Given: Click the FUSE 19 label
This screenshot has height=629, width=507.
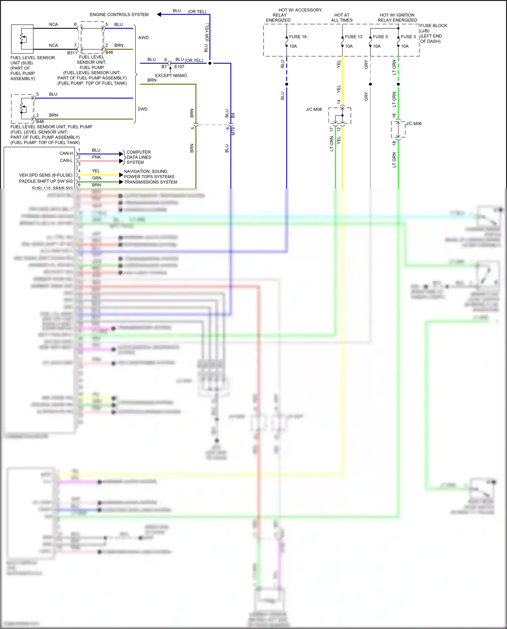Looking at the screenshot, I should pos(297,37).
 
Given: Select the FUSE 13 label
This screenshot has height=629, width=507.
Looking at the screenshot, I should pos(353,37).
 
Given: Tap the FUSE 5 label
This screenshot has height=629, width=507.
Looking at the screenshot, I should pos(380,37).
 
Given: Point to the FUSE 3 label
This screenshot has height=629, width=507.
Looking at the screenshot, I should pos(408,37).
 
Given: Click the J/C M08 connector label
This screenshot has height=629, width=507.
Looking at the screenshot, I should pos(314,110).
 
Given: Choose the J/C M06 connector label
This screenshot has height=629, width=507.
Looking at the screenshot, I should pos(414,124).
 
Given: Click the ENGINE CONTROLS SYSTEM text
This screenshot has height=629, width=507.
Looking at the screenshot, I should pos(119,15).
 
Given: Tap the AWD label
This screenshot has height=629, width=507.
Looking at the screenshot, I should pos(143,38).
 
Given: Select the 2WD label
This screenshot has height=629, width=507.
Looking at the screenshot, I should pos(142,109).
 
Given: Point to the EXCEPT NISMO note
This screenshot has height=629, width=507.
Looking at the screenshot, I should pos(171,76).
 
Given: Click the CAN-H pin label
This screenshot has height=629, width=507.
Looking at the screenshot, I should pos(66,153).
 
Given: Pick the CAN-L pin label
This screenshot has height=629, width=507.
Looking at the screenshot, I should pos(66,161).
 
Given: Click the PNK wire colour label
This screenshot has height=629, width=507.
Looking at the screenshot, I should pos(96,157).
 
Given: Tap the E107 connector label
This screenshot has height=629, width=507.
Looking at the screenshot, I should pos(179,67).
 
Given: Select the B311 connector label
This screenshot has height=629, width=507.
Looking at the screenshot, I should pos(72,53).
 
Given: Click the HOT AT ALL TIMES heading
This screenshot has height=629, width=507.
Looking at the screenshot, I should pos(342,18).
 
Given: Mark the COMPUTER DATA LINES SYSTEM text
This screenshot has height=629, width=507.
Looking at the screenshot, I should pos(139,157).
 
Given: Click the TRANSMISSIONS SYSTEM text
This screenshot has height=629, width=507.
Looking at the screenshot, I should pos(150,182).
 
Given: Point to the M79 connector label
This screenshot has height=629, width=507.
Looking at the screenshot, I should pos(233,131).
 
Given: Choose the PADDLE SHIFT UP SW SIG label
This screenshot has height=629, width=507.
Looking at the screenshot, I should pos(46,181).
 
